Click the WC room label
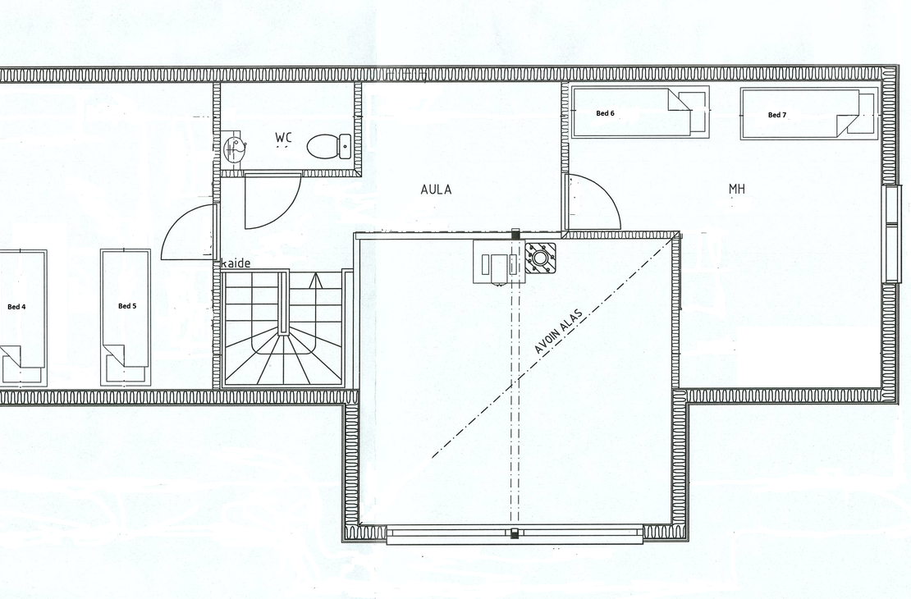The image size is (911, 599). click(283, 138)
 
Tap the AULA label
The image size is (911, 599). click(436, 190)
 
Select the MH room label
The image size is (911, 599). click(737, 189)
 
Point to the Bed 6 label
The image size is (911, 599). click(605, 113)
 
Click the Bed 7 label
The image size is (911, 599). click(776, 115)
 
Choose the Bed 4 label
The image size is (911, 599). click(16, 307)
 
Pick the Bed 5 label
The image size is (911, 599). click(127, 306)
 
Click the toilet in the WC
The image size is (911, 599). click(328, 146)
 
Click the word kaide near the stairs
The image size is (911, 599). click(236, 263)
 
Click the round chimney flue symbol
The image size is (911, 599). click(540, 258)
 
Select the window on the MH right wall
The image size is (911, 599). click(892, 234)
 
